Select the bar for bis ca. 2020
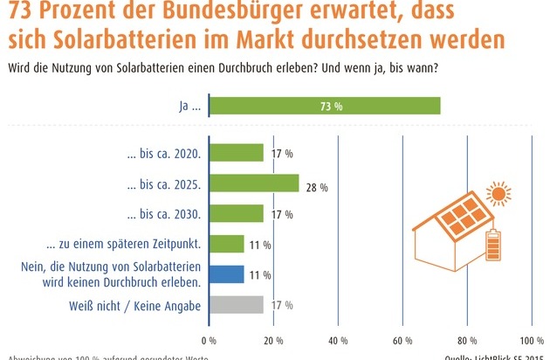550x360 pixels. tap(237, 153)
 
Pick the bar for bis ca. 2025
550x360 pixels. tap(254, 183)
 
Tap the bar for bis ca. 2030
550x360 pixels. tap(237, 213)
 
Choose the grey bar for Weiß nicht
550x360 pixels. tap(237, 304)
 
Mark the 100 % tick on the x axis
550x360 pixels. tap(531, 341)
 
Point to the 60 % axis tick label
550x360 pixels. tap(402, 341)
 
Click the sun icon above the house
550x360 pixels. tap(499, 193)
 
